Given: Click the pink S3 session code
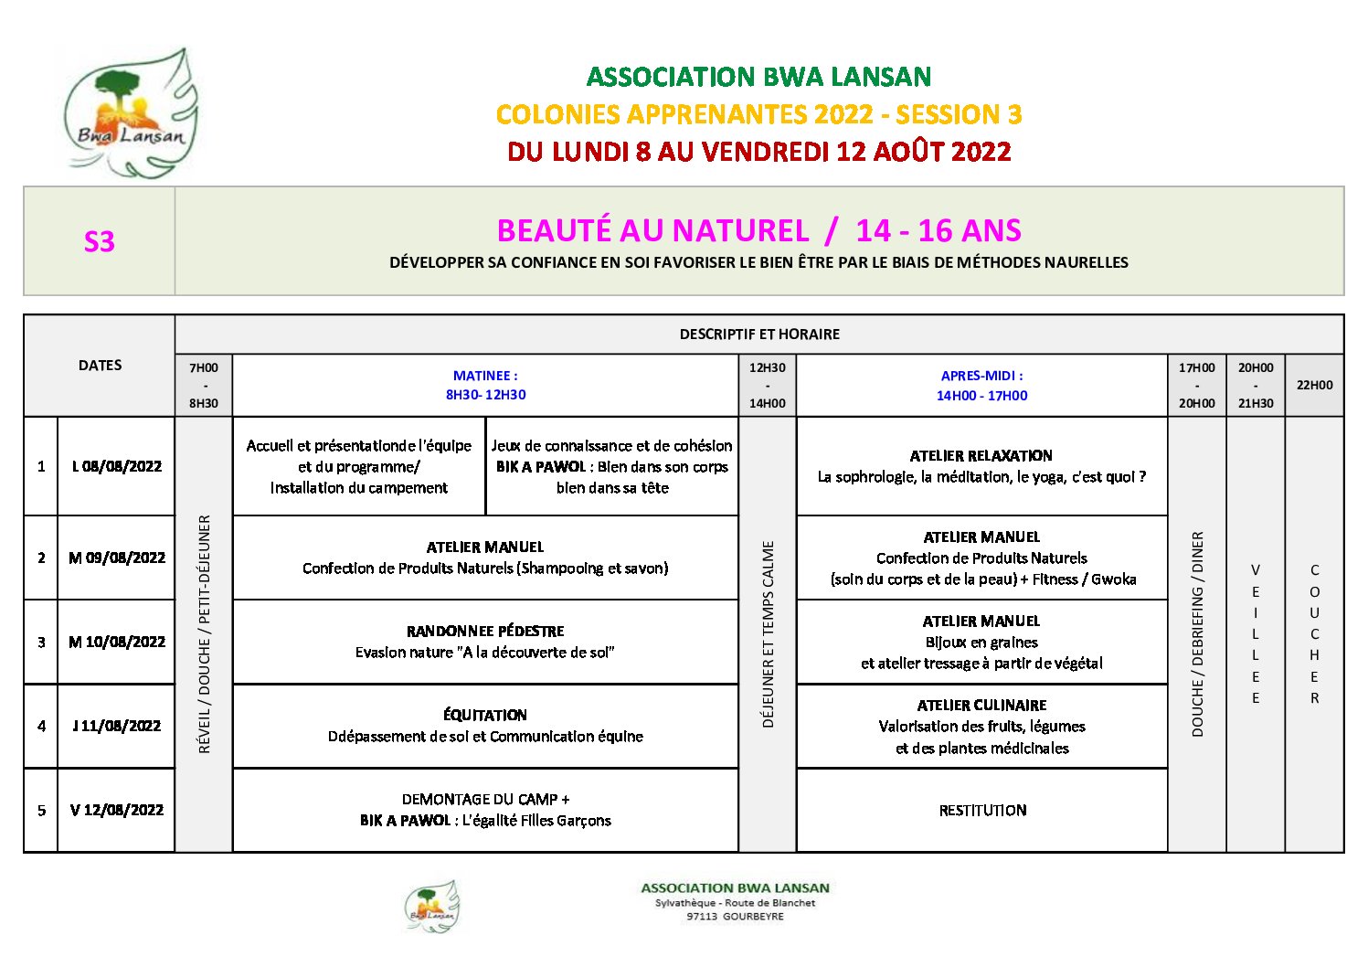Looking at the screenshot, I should (99, 241).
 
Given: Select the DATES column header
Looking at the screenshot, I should (100, 366).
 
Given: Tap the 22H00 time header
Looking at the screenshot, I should (1314, 385).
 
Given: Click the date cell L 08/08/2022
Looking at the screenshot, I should (116, 466).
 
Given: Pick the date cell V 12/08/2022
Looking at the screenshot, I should (116, 810).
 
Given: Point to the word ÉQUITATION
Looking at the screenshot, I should (485, 715).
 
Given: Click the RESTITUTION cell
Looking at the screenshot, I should (982, 810).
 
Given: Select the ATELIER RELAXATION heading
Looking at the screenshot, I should (981, 455).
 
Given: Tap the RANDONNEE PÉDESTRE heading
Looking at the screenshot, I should (485, 631).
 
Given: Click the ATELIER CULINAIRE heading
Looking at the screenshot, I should (981, 705).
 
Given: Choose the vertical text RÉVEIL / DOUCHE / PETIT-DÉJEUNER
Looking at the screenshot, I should (204, 634).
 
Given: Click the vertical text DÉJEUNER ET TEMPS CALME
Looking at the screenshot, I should (768, 634).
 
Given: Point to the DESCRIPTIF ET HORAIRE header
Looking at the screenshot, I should (759, 335).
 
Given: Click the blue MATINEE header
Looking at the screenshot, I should (485, 376).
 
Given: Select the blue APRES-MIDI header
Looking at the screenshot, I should (981, 376).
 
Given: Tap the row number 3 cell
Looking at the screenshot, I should (41, 642).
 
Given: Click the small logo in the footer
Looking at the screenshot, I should (431, 906).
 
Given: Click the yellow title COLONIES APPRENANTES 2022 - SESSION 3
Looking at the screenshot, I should (758, 114).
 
